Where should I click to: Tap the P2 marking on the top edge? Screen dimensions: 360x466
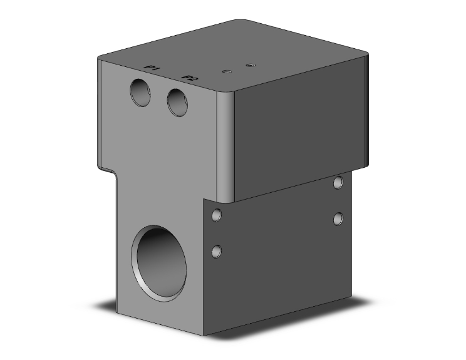tap(189, 78)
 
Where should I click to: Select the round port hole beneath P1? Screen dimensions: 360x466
tap(141, 93)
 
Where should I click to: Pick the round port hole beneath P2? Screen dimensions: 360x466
tap(178, 101)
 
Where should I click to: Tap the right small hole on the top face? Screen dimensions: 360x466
tap(251, 64)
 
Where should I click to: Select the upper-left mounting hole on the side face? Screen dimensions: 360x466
tap(217, 215)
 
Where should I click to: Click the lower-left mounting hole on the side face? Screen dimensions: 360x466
tap(217, 252)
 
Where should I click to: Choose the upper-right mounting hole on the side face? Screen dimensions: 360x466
tap(338, 183)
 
